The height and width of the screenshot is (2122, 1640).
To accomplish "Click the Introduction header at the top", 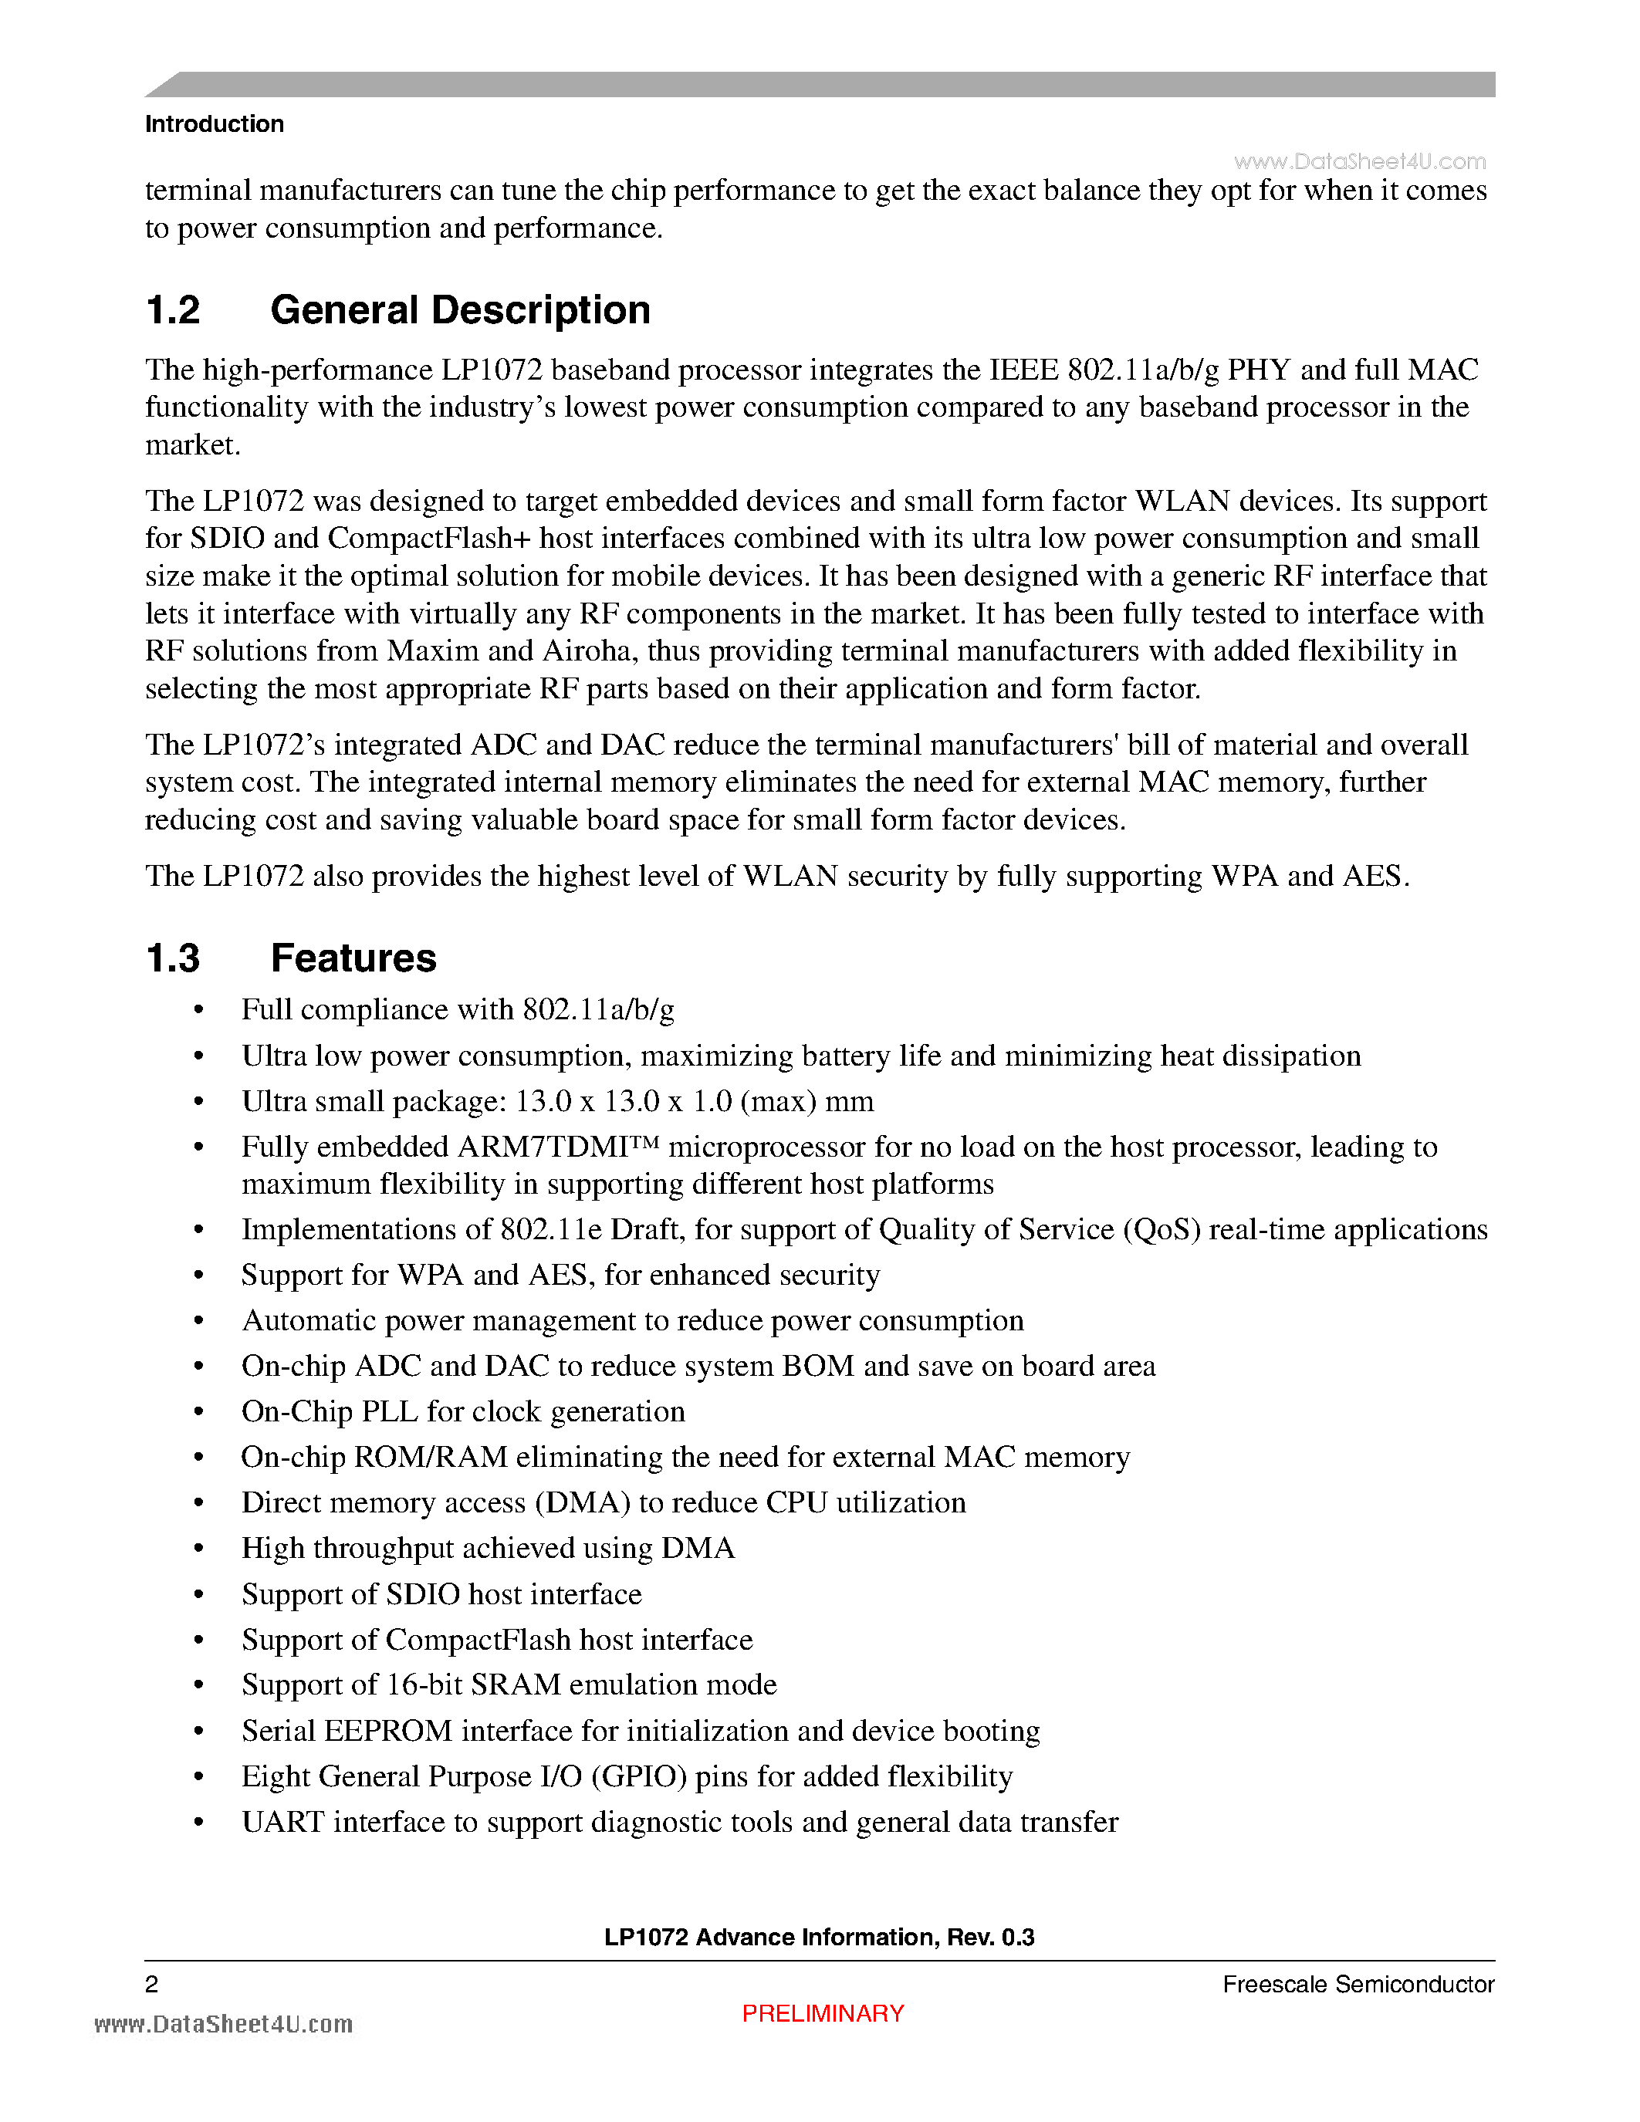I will tap(214, 124).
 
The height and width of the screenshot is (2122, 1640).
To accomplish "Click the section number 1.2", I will tap(172, 310).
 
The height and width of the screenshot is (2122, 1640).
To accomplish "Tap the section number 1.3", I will tap(172, 958).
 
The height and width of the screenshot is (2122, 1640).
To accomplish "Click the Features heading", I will tap(353, 958).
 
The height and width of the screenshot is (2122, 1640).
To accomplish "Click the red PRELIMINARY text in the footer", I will tap(822, 2013).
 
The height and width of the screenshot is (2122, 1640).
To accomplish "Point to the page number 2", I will tap(151, 1984).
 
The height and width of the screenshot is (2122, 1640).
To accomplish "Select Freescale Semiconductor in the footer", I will tap(1358, 1984).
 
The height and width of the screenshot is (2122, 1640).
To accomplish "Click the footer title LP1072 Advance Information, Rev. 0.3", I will tap(819, 1938).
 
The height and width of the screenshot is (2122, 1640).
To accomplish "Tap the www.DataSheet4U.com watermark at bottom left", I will tap(224, 2024).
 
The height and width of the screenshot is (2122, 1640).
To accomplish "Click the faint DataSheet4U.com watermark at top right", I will tap(1359, 161).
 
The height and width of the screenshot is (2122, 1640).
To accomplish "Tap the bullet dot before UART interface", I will tap(199, 1823).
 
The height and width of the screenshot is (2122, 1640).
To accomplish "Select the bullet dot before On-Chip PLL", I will tap(199, 1413).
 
